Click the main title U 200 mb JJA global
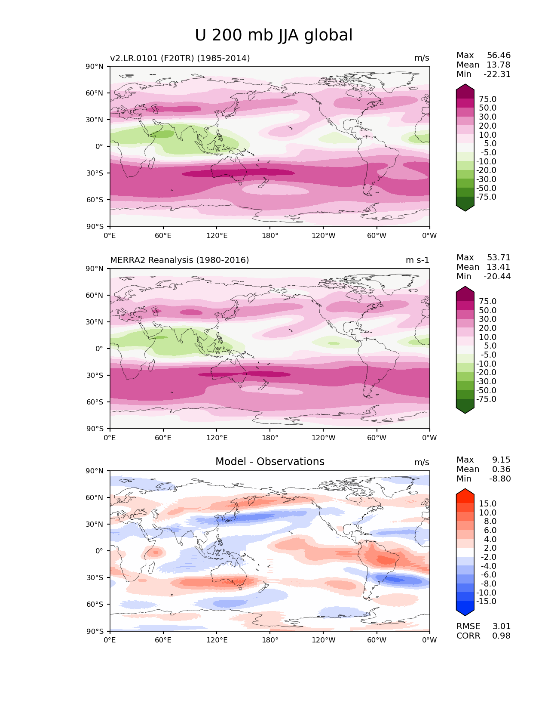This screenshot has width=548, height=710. tap(273, 35)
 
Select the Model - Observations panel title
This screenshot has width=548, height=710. tap(269, 462)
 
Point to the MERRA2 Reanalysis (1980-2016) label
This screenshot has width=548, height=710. tap(179, 260)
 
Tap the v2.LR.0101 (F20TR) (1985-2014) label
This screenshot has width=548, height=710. tap(180, 58)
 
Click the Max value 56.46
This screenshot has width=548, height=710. tap(499, 56)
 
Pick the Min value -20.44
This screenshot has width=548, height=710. tap(497, 277)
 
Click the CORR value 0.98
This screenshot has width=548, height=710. tap(501, 636)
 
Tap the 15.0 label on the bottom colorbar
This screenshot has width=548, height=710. tap(487, 504)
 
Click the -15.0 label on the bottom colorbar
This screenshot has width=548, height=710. tap(486, 602)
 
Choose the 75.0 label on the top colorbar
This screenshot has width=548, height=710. tap(487, 99)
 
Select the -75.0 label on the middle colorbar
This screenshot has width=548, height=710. tap(486, 399)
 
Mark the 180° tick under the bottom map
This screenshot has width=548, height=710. tap(270, 640)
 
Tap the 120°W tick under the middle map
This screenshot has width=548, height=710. tap(323, 438)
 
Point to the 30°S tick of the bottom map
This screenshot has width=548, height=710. tap(96, 577)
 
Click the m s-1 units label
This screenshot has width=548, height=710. tap(417, 260)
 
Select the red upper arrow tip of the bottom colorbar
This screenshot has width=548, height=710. tap(465, 492)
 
